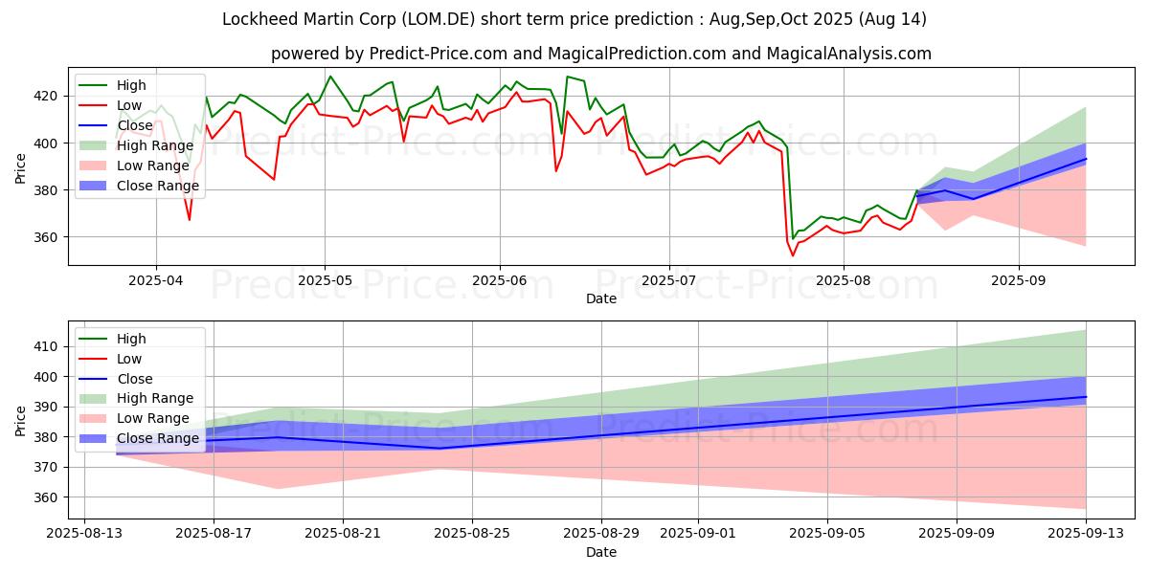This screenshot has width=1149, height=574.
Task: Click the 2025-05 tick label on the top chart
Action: coord(325,280)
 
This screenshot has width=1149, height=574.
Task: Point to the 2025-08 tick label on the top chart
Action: coord(844,280)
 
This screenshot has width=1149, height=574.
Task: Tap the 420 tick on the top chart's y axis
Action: coord(45,97)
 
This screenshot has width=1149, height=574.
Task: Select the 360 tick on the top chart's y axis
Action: coord(45,237)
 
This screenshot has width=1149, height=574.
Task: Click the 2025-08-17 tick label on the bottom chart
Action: coord(214,534)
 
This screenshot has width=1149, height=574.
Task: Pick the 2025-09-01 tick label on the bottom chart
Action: coord(698,534)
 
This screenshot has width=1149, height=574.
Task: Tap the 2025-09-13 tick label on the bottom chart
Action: coord(1086,534)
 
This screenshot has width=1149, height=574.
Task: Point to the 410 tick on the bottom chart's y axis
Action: coord(45,347)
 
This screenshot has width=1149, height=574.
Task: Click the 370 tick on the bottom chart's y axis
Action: coord(45,468)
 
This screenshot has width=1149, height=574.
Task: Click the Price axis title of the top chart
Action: coord(20,168)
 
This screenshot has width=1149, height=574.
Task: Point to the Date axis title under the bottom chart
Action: coord(601,553)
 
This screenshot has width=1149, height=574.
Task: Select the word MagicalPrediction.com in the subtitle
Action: coord(637,54)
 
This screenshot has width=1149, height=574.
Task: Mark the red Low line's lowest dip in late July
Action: coord(793,255)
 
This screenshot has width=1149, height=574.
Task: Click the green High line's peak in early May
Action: coord(329,77)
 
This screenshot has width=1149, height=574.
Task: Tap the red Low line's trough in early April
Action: coord(190,220)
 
